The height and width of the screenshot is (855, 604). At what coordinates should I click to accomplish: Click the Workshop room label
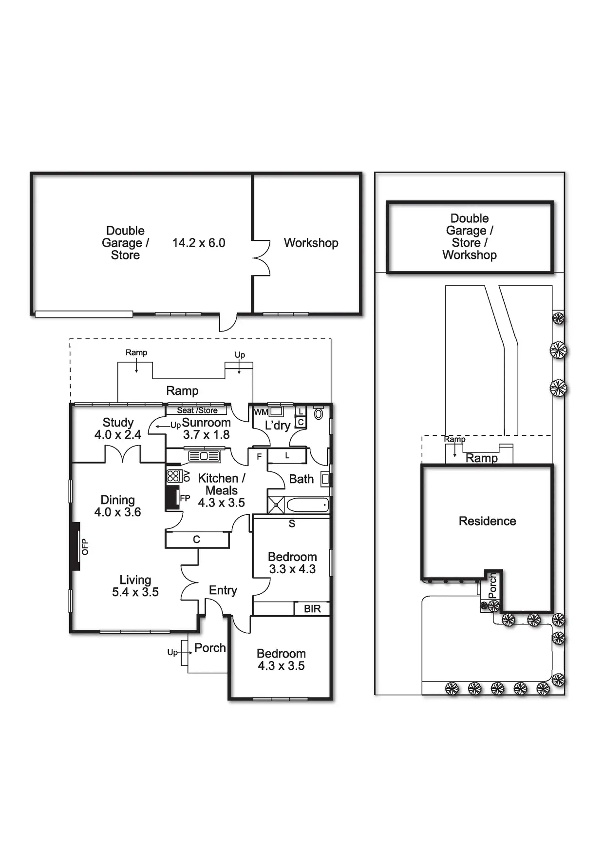(x=311, y=243)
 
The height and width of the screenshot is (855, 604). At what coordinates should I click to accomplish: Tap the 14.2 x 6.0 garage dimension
(x=199, y=243)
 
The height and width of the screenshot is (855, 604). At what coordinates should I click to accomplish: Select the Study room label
(x=118, y=423)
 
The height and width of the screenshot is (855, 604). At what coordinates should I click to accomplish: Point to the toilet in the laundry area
(x=319, y=414)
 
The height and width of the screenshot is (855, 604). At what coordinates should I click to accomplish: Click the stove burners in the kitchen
(x=173, y=476)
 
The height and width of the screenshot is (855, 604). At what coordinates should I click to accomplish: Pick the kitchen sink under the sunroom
(x=205, y=456)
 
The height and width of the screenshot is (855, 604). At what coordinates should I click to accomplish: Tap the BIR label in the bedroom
(x=312, y=609)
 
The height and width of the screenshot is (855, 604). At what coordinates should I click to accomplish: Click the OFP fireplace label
(x=85, y=546)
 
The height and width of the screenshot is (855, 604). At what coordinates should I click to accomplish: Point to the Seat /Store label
(x=197, y=410)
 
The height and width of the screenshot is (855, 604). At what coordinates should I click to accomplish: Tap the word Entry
(x=223, y=590)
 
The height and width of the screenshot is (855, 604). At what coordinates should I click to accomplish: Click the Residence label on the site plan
(x=487, y=521)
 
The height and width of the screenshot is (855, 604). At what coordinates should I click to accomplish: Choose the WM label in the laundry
(x=261, y=412)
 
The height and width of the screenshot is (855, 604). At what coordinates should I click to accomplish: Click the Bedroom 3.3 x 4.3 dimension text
(x=292, y=569)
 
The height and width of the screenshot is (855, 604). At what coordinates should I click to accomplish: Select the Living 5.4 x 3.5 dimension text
(x=135, y=592)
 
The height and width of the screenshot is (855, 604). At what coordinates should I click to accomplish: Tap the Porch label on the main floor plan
(x=210, y=648)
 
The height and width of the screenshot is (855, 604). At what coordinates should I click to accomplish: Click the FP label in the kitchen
(x=185, y=498)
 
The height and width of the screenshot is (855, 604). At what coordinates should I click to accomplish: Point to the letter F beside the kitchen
(x=259, y=457)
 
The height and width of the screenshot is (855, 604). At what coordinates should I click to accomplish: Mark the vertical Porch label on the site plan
(x=492, y=585)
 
